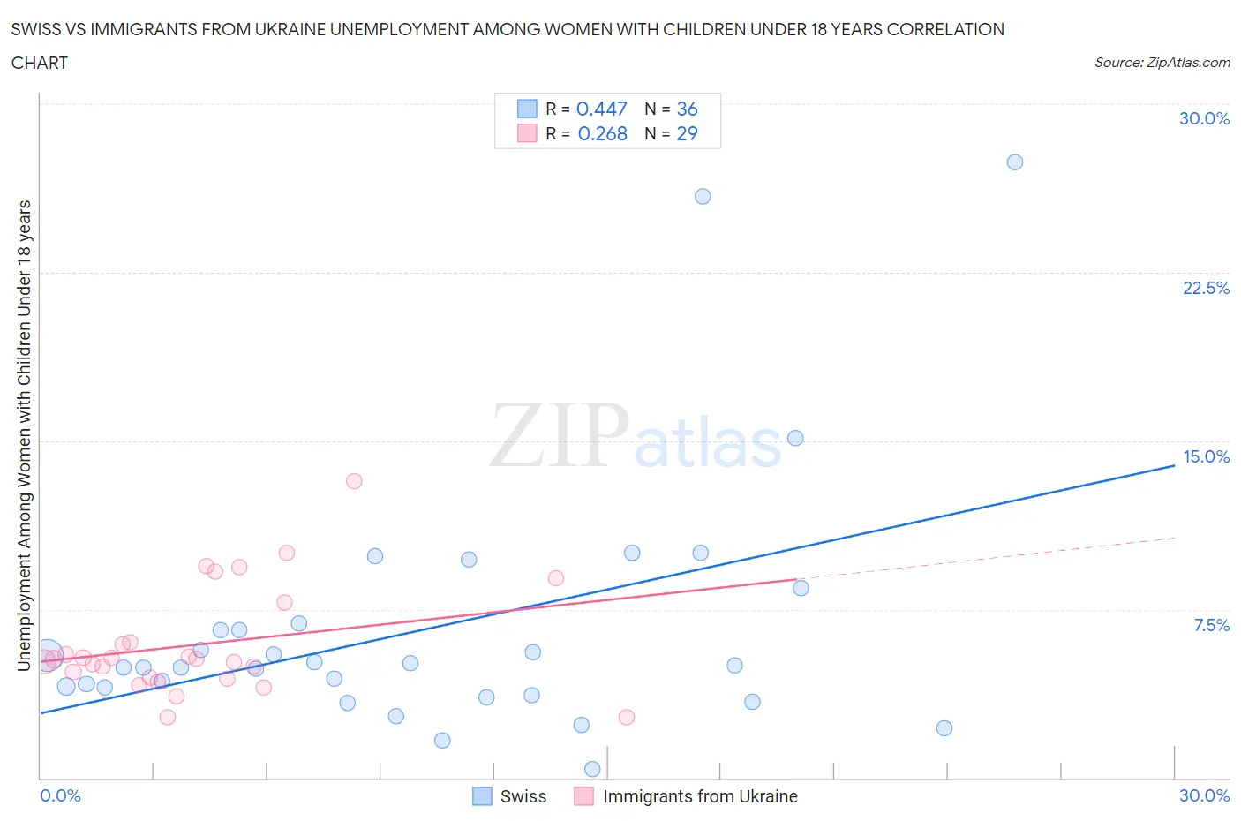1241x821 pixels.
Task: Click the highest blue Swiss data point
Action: click(x=1015, y=162)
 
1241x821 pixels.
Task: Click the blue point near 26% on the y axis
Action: click(x=703, y=196)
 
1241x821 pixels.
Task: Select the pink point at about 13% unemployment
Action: click(x=354, y=481)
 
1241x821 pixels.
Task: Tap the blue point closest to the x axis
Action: click(x=592, y=769)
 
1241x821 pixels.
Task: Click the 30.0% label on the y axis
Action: click(x=1204, y=118)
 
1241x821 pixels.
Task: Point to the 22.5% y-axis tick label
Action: click(x=1206, y=288)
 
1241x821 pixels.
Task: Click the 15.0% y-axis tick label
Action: click(x=1206, y=456)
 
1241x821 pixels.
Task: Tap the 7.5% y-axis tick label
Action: click(x=1211, y=625)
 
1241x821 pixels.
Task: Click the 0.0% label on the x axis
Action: click(x=60, y=795)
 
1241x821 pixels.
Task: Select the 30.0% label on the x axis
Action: click(x=1204, y=795)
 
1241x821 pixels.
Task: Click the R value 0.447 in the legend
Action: click(x=601, y=109)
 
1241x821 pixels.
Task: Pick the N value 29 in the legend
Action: click(x=687, y=133)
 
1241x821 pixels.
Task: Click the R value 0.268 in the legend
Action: click(x=602, y=133)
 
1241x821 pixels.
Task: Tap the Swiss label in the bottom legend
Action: click(x=523, y=796)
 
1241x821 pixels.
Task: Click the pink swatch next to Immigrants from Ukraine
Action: click(x=583, y=796)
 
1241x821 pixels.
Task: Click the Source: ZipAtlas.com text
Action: click(x=1162, y=62)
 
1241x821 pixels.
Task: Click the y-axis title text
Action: click(x=25, y=435)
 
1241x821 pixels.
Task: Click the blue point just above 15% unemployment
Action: click(x=795, y=438)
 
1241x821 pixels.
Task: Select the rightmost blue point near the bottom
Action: click(x=944, y=728)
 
